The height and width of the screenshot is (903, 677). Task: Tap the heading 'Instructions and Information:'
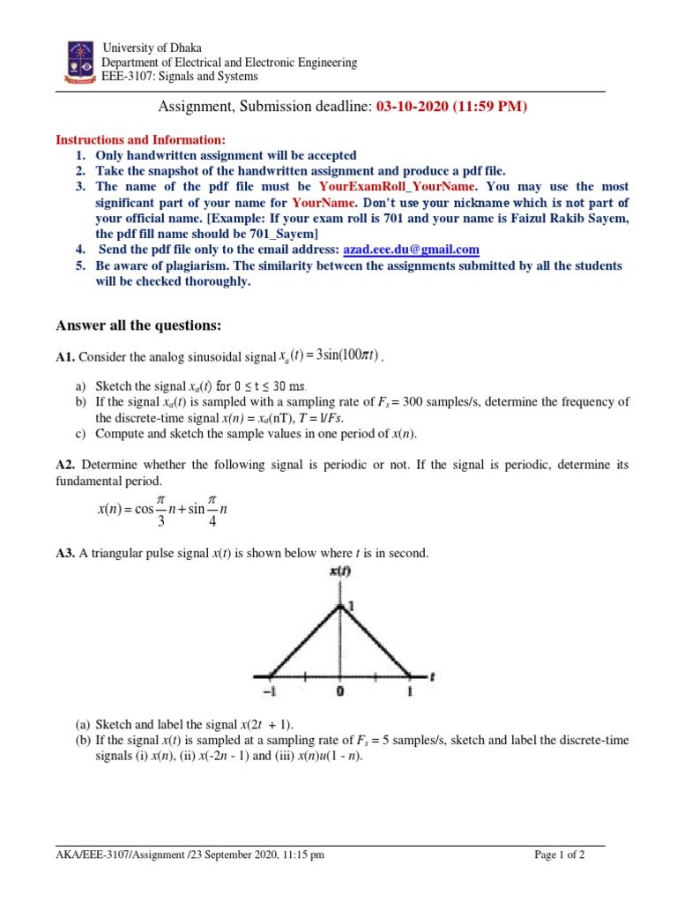click(141, 139)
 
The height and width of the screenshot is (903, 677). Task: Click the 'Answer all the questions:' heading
click(138, 325)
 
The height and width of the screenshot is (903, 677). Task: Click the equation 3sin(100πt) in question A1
click(339, 355)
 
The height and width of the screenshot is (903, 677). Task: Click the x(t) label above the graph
click(339, 571)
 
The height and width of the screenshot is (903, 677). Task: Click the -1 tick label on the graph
click(272, 692)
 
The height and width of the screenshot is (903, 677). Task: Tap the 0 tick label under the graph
click(340, 692)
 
